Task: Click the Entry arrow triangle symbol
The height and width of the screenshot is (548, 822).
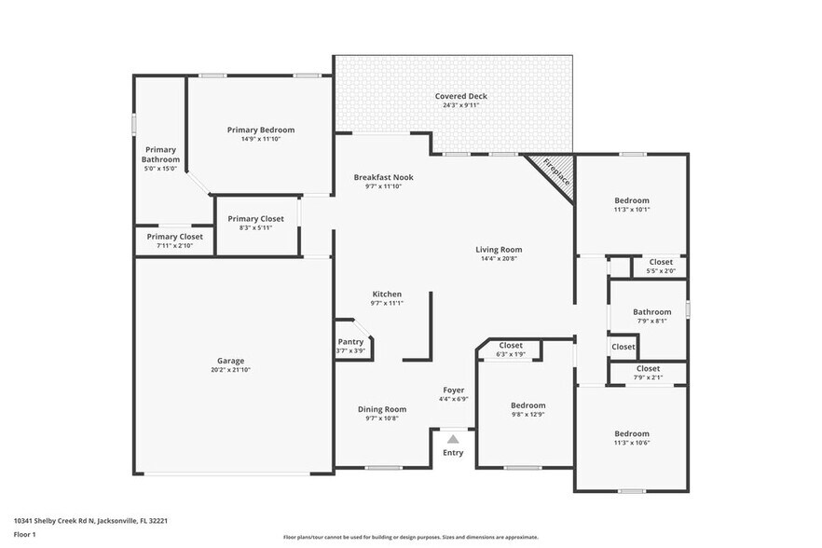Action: tap(453, 439)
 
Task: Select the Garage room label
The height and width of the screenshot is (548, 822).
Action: tap(231, 361)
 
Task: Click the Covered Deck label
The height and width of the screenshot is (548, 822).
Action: tap(460, 96)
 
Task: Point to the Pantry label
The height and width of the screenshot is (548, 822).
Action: tap(350, 342)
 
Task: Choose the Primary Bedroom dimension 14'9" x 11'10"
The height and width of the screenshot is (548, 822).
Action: tap(261, 139)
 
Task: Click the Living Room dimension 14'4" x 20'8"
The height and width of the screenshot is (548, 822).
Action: tap(499, 258)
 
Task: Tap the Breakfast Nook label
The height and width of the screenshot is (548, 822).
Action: tap(383, 177)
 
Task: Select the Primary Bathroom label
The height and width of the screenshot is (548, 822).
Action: tap(159, 155)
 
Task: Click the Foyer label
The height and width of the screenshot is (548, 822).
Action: tap(453, 390)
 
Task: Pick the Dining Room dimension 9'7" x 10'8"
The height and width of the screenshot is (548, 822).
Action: tap(383, 418)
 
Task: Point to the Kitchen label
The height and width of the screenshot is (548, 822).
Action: tap(387, 294)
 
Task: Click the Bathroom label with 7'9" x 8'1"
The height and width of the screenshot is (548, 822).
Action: tap(651, 312)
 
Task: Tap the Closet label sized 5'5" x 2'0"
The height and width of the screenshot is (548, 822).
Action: tap(661, 262)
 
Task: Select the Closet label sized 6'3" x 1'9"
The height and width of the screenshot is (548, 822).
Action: tap(511, 345)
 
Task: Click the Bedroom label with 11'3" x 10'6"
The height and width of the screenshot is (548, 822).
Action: tap(631, 433)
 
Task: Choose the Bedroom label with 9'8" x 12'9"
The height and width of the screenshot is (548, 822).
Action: tap(527, 405)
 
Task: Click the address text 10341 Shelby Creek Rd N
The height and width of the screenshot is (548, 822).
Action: tap(65, 521)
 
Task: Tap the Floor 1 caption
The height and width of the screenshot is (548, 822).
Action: tap(24, 535)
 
